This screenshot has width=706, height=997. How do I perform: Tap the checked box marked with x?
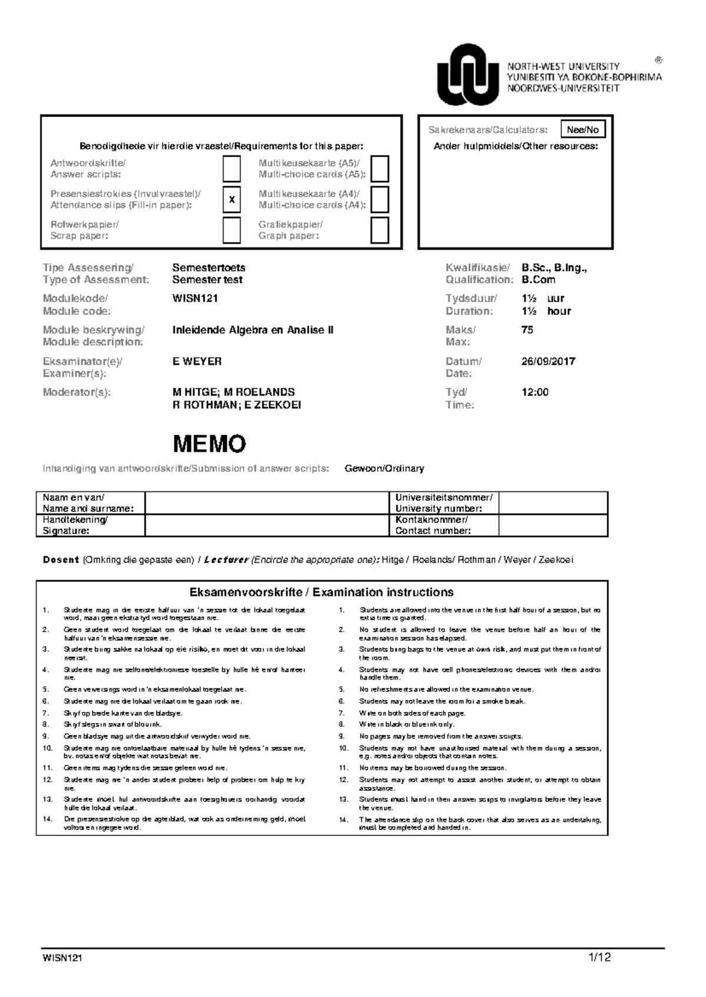point(232,200)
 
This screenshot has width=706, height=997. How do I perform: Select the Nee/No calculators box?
point(582,130)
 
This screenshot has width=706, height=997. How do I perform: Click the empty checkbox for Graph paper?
point(379,230)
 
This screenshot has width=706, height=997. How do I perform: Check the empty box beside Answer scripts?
point(232,169)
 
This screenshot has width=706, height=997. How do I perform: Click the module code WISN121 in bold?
point(195,299)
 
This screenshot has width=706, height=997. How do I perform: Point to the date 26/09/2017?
point(548,362)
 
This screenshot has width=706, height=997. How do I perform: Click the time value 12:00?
point(535,392)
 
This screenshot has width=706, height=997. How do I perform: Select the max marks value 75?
point(527,330)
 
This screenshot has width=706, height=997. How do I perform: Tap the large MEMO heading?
point(209,444)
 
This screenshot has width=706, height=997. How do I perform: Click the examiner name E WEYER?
point(197,362)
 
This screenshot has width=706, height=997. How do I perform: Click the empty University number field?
point(552,503)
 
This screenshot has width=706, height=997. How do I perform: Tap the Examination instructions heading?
point(321,593)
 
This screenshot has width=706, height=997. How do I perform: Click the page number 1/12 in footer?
point(599,958)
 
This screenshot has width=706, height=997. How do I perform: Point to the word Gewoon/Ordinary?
point(384,469)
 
